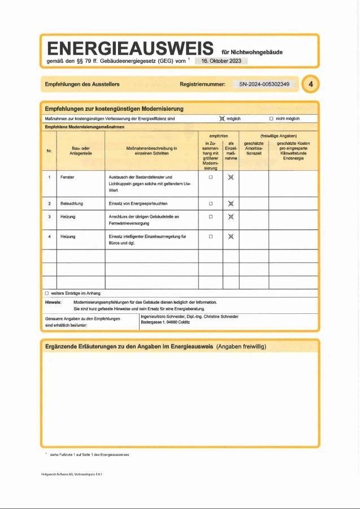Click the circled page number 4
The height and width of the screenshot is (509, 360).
(x=310, y=85)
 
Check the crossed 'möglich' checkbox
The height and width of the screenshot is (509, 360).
(x=222, y=119)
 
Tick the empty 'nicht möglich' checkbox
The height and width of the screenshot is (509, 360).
(x=271, y=119)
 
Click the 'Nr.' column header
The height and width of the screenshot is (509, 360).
(x=49, y=150)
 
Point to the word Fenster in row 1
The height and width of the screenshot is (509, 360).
(x=67, y=177)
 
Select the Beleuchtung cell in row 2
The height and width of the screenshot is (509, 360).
(x=71, y=203)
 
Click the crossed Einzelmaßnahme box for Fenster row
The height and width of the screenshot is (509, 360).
(x=231, y=177)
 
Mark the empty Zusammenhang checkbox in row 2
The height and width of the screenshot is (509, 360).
(x=210, y=203)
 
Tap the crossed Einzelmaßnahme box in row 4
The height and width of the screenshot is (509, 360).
(x=231, y=236)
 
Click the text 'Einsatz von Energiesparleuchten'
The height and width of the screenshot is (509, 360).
(x=137, y=203)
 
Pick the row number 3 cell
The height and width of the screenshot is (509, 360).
(x=49, y=217)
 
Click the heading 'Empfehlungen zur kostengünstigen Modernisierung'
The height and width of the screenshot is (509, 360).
(x=114, y=108)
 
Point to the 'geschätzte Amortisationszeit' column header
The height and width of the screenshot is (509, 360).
(x=253, y=149)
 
